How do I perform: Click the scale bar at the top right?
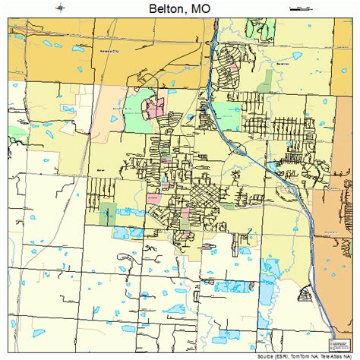(301, 8)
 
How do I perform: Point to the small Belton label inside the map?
(101, 171)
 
